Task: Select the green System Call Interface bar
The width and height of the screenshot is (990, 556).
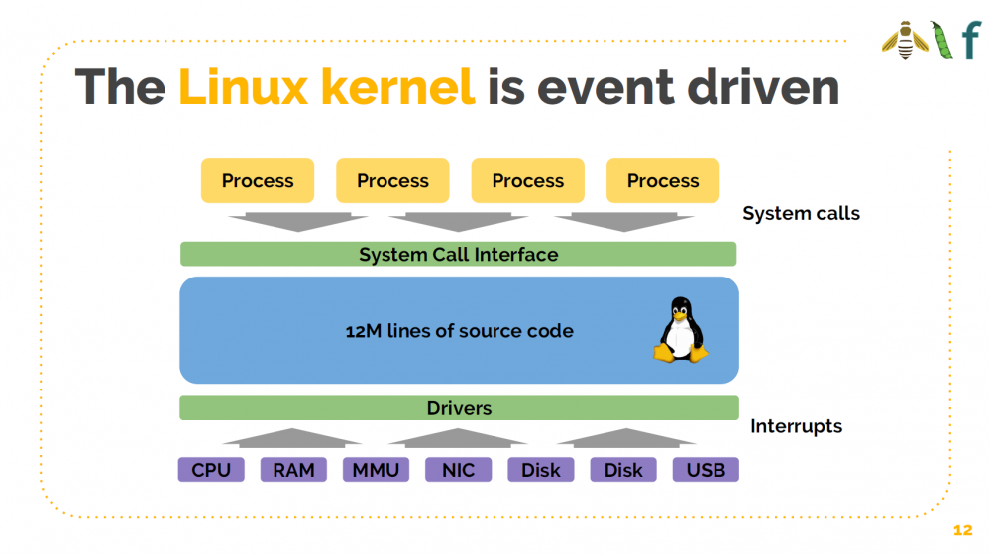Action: [x=458, y=254]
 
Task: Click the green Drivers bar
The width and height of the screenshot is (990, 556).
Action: [x=459, y=408]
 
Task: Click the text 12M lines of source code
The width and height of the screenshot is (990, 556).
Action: [x=459, y=331]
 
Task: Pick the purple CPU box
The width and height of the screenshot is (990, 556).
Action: [x=211, y=470]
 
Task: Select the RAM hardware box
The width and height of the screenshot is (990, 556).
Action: [x=293, y=470]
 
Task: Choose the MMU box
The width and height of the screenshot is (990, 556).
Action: [x=376, y=470]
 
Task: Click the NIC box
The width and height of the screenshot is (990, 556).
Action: [x=458, y=470]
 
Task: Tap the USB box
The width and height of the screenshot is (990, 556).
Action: [x=706, y=470]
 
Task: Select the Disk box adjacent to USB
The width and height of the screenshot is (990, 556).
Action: [x=623, y=470]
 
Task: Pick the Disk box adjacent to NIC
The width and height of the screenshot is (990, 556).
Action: [x=541, y=470]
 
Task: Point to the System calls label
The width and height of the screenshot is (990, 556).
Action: [x=801, y=213]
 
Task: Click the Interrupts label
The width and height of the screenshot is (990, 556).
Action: [x=796, y=426]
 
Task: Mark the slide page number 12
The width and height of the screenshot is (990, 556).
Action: [x=962, y=531]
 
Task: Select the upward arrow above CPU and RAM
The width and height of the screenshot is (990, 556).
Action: [x=292, y=437]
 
